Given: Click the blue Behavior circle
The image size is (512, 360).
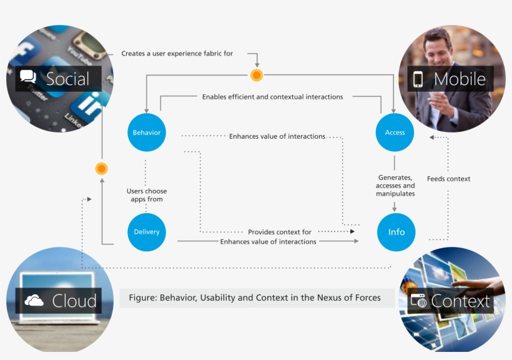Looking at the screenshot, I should pyautogui.click(x=147, y=132).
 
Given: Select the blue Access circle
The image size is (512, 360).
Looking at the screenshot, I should pyautogui.click(x=395, y=132).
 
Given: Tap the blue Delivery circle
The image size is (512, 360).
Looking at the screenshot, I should pyautogui.click(x=147, y=232).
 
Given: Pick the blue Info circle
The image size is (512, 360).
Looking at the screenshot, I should pyautogui.click(x=396, y=232).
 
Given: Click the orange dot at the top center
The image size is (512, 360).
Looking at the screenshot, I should pyautogui.click(x=257, y=76).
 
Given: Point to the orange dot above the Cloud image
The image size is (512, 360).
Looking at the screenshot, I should pyautogui.click(x=101, y=169).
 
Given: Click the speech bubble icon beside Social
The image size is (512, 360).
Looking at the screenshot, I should pyautogui.click(x=28, y=77).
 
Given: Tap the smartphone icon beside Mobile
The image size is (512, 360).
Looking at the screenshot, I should pyautogui.click(x=418, y=79).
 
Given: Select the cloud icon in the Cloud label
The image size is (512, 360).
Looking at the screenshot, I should pyautogui.click(x=34, y=301).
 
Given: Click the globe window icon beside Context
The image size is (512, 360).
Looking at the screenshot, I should pyautogui.click(x=418, y=301).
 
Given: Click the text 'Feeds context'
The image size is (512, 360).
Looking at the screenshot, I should pyautogui.click(x=448, y=179).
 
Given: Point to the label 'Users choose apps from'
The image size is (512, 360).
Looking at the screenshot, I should pyautogui.click(x=147, y=195).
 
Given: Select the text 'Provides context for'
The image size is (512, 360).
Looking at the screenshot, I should pyautogui.click(x=279, y=232).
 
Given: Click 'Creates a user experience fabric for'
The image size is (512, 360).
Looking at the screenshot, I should pyautogui.click(x=177, y=54).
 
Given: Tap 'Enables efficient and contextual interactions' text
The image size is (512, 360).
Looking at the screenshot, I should pyautogui.click(x=272, y=97).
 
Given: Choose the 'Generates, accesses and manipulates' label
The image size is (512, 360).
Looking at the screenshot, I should pyautogui.click(x=395, y=186).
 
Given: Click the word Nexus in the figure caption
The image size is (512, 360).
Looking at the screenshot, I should pyautogui.click(x=318, y=297).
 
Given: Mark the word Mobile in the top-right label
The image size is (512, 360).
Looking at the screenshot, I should pyautogui.click(x=460, y=79).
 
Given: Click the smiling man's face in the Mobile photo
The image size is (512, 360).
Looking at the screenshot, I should pyautogui.click(x=438, y=47).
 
